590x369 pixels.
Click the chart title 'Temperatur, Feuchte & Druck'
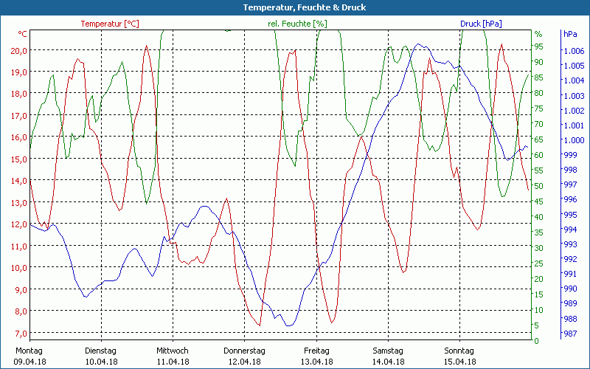(x=294, y=7)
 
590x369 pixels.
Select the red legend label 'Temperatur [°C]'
(x=110, y=24)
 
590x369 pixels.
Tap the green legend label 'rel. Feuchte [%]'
(x=297, y=24)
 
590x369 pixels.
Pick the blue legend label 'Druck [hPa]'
(x=481, y=24)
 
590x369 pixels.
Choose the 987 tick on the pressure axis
(x=570, y=334)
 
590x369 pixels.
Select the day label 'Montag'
(x=29, y=351)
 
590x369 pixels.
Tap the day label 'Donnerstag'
(x=244, y=351)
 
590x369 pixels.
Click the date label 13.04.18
(x=316, y=362)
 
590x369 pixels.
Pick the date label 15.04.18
(x=459, y=362)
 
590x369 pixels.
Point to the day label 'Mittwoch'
(x=173, y=351)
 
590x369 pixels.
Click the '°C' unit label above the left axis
(x=23, y=34)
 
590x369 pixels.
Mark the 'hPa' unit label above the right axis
(x=570, y=34)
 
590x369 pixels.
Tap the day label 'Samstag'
(x=388, y=351)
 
